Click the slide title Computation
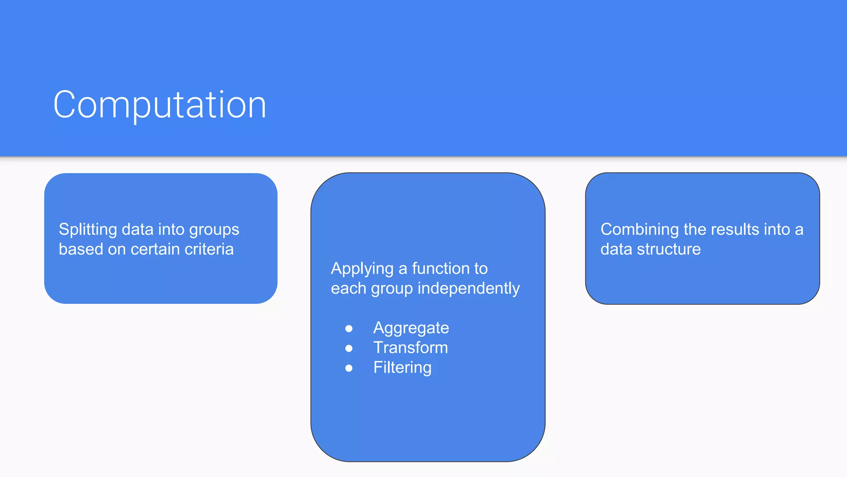click(x=160, y=105)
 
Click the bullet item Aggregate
click(x=411, y=328)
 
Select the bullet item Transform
click(x=410, y=348)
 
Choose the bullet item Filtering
click(x=402, y=368)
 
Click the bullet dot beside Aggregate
click(x=349, y=329)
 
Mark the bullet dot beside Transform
click(x=349, y=349)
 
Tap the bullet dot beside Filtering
click(x=349, y=368)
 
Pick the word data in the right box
click(x=616, y=249)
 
